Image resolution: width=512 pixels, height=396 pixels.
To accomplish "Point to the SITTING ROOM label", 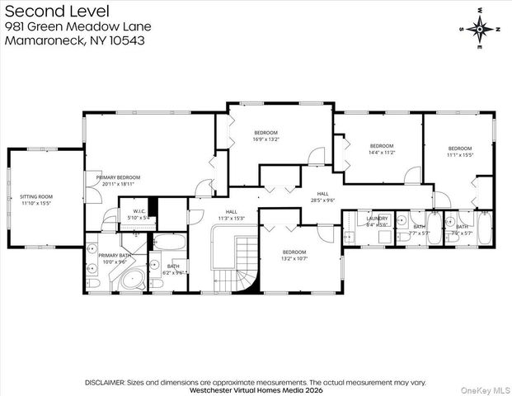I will click(35, 199).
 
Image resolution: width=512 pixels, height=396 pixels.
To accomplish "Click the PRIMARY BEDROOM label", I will click(118, 181).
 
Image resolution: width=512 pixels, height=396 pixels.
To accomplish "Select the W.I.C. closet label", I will click(134, 214).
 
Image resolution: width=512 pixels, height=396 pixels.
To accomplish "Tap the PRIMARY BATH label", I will click(115, 259).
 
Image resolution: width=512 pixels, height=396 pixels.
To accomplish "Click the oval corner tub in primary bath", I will click(130, 280).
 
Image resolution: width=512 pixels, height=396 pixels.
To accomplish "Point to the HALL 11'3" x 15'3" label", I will click(232, 214).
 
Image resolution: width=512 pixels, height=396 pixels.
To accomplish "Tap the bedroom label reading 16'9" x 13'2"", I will click(265, 136).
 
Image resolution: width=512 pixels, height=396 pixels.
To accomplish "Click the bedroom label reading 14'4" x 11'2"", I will click(381, 149).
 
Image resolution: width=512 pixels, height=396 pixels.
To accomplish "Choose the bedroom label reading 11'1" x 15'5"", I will click(460, 152).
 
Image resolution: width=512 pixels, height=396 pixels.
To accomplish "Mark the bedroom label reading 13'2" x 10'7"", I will click(294, 255).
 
